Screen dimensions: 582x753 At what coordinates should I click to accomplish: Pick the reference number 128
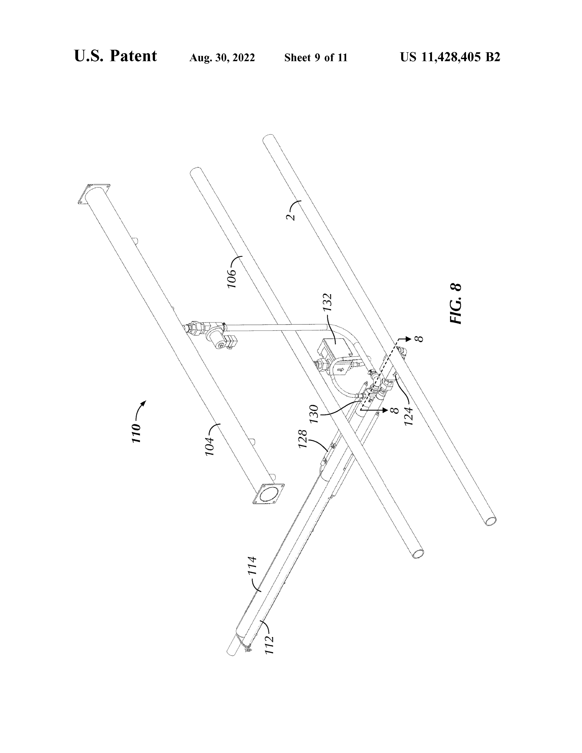point(302,439)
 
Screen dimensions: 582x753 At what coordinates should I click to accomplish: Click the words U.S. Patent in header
point(115,56)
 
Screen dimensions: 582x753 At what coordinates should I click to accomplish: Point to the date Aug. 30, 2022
point(222,58)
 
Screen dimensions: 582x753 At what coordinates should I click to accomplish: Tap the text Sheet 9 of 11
point(316,58)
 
